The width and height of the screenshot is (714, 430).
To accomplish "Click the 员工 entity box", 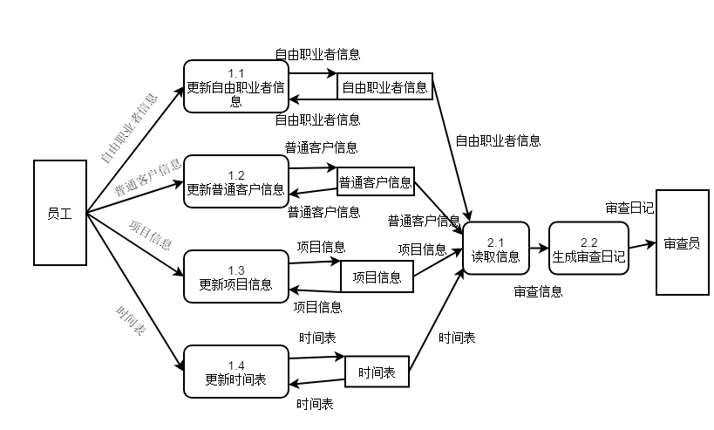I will (59, 213).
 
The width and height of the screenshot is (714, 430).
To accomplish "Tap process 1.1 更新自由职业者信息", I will (235, 86).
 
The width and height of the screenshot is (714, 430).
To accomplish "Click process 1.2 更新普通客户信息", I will (235, 182).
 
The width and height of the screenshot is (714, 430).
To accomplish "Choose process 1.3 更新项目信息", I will (235, 277).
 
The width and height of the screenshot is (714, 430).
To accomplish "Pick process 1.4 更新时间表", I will (235, 372).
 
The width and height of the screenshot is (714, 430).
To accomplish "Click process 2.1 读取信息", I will (495, 249).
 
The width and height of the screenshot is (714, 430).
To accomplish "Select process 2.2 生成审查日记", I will (588, 249).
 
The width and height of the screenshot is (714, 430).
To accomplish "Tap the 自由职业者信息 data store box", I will (384, 86).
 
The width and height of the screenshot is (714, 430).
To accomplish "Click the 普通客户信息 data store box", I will (376, 182).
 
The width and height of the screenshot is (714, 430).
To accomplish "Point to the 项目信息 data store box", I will (377, 277).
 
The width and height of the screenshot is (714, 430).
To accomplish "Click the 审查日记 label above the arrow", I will (629, 208).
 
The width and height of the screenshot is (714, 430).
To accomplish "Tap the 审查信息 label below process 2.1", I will (538, 291).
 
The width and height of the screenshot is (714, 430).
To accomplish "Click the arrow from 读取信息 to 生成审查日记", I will (539, 249).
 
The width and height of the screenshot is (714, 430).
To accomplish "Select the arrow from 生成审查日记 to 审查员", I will (642, 246).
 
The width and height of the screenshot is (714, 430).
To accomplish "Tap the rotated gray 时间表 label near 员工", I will (129, 321).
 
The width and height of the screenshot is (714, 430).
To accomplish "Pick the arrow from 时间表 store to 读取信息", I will (436, 318).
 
